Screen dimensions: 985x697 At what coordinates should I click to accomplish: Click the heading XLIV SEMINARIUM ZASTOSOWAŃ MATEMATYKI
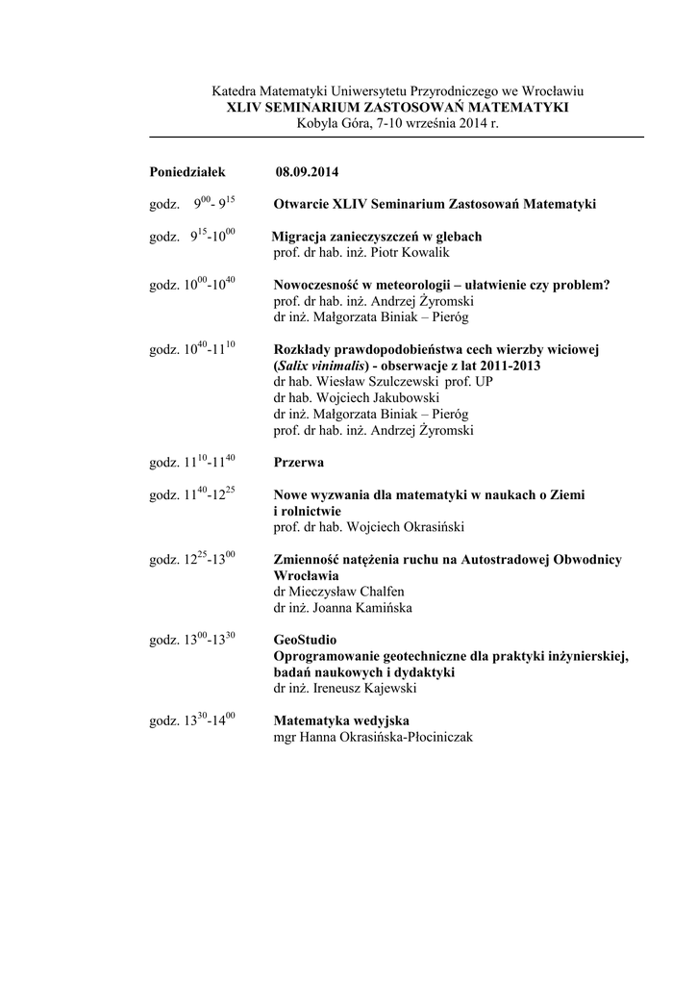(x=397, y=108)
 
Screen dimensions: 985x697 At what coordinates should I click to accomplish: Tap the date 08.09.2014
(x=307, y=172)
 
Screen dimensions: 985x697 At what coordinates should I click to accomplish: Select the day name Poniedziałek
(x=187, y=172)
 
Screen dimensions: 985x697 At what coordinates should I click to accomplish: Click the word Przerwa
(x=299, y=462)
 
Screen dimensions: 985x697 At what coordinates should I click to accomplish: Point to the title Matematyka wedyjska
(x=342, y=720)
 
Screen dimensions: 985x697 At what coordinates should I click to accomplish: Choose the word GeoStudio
(x=306, y=640)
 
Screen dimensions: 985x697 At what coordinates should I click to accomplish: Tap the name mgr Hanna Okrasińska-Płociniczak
(x=373, y=738)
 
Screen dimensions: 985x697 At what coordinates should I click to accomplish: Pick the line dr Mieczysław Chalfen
(x=338, y=592)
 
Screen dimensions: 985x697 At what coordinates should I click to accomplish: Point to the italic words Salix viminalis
(x=323, y=366)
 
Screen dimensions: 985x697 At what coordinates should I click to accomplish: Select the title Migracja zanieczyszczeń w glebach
(x=377, y=237)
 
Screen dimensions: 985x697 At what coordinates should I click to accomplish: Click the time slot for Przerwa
(x=193, y=462)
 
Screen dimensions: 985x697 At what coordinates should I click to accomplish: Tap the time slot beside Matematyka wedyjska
(x=193, y=720)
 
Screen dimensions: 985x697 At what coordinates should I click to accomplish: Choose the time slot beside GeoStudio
(x=193, y=640)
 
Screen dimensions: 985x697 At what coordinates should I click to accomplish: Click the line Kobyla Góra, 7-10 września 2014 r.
(x=397, y=124)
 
